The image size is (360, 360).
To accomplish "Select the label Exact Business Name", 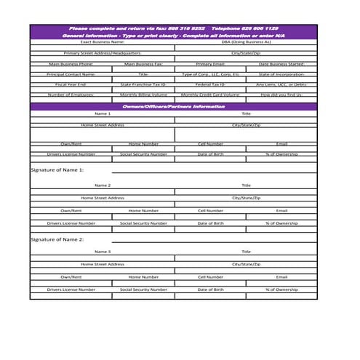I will pyautogui.click(x=103, y=42).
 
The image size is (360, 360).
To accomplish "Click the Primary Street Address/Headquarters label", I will pyautogui.click(x=103, y=53).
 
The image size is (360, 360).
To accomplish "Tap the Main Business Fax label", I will pyautogui.click(x=143, y=63).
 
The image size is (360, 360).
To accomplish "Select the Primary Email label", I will pyautogui.click(x=210, y=63).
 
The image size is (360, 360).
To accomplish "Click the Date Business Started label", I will pyautogui.click(x=281, y=63).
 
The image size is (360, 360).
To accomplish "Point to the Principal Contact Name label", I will pyautogui.click(x=71, y=73).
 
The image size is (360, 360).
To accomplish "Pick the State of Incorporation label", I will pyautogui.click(x=281, y=73).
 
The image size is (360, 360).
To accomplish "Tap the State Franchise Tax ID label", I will pyautogui.click(x=143, y=84).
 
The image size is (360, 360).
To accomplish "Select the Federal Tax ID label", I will pyautogui.click(x=210, y=84).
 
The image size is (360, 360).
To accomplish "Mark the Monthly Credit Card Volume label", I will pyautogui.click(x=210, y=95).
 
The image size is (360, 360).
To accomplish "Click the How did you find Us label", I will pyautogui.click(x=281, y=95).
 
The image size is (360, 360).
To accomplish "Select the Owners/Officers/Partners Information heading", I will pyautogui.click(x=174, y=106).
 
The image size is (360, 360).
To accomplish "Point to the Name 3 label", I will pyautogui.click(x=103, y=252).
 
